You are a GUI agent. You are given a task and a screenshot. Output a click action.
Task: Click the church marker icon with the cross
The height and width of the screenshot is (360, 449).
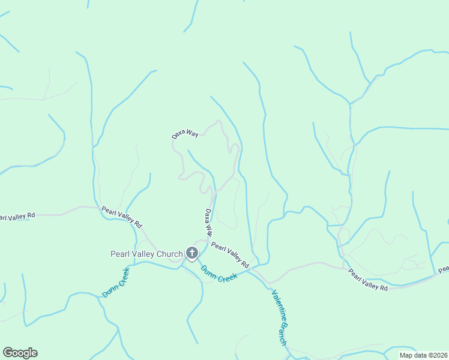tap(192, 253)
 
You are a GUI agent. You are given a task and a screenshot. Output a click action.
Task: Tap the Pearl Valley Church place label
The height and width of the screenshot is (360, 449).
tap(146, 254)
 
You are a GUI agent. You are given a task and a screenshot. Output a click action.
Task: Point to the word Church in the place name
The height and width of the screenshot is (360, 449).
tap(170, 254)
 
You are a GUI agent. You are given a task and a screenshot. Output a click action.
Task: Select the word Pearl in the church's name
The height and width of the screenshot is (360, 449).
tap(120, 254)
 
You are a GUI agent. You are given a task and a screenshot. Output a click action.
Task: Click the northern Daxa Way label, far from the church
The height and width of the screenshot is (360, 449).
tap(185, 134)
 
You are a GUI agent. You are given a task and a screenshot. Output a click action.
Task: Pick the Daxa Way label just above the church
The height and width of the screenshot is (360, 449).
tap(208, 222)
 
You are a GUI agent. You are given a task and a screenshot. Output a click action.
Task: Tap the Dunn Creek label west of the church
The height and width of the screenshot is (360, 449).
tap(116, 283)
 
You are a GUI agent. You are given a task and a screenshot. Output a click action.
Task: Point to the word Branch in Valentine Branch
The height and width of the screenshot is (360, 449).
tap(283, 334)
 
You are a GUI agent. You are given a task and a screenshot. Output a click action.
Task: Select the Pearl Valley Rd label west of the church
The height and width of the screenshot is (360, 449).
tap(122, 217)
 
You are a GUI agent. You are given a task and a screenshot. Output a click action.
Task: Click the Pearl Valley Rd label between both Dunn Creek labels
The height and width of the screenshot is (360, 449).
tap(230, 255)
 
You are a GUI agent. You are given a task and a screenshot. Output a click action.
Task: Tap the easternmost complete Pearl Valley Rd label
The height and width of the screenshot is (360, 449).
tap(369, 280)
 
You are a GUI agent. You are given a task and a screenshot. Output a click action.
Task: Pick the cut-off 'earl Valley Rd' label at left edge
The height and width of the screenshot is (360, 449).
tap(17, 216)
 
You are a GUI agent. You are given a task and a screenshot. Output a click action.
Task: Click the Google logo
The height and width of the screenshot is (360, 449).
tap(20, 353)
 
